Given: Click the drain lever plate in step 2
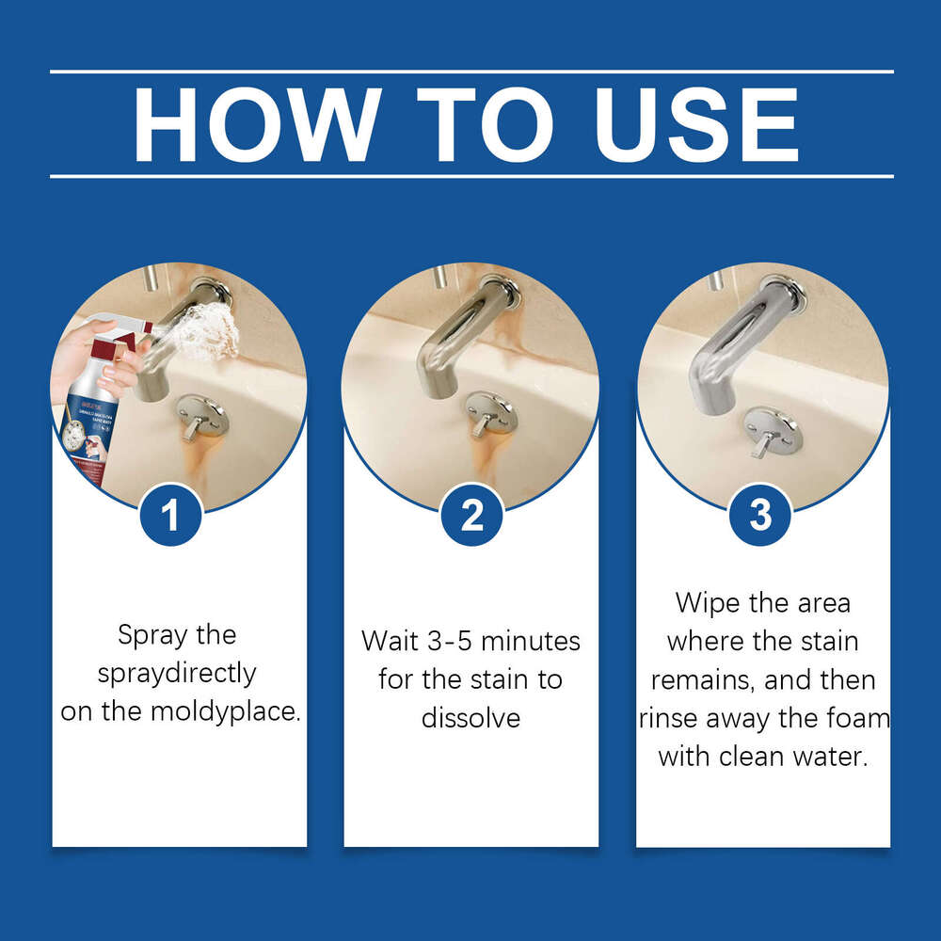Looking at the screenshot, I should tap(490, 412).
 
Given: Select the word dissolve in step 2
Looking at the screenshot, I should tap(470, 718).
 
